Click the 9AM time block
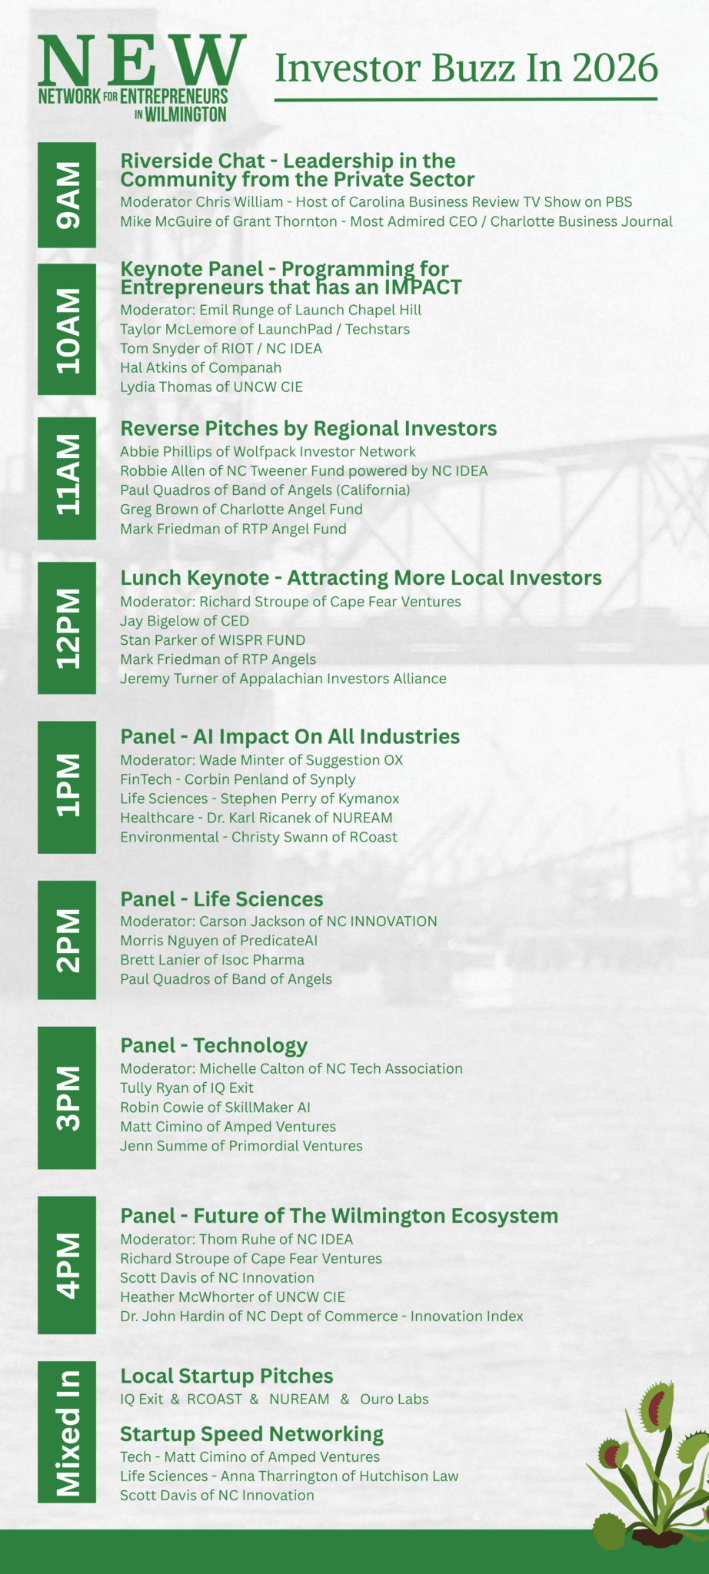(x=67, y=195)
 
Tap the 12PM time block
(x=67, y=628)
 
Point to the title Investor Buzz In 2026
(x=467, y=68)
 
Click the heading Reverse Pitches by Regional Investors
(x=308, y=428)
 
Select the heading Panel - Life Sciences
(x=221, y=899)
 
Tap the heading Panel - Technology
(x=214, y=1045)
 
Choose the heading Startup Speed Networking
(x=251, y=1434)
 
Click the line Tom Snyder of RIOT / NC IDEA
(x=221, y=348)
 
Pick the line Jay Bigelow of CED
(x=185, y=621)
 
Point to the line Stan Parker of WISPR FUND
(x=212, y=640)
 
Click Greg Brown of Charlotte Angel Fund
(x=241, y=510)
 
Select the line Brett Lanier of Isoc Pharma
(x=212, y=960)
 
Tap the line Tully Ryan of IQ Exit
(x=187, y=1088)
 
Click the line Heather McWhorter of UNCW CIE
(x=232, y=1297)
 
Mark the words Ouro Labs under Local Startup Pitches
(x=394, y=1400)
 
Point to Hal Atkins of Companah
(x=201, y=368)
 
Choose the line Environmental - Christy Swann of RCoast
(x=258, y=837)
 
